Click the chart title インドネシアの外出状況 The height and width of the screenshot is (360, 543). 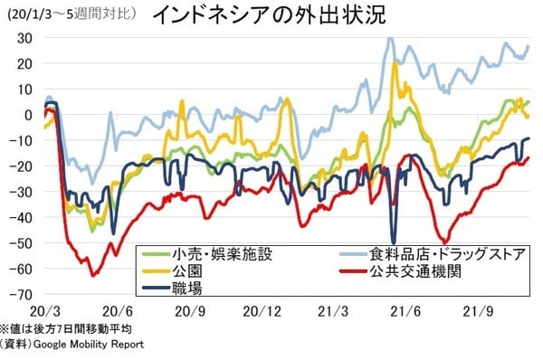click(254, 15)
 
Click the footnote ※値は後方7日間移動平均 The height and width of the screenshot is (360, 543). click(67, 329)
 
